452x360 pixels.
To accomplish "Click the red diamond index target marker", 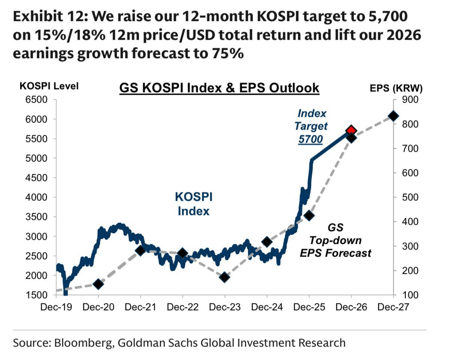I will (351, 130).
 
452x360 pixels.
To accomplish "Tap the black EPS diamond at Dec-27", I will (393, 116).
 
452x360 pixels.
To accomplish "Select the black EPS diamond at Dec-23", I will (225, 277).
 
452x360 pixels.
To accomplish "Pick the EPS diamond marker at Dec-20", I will (98, 284).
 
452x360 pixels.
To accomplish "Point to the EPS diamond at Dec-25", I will (309, 215).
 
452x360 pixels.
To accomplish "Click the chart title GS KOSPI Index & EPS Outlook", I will (219, 88).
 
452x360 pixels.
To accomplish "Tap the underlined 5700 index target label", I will (310, 140).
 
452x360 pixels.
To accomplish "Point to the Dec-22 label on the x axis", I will (183, 307).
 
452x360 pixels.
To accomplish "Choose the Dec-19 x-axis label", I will (56, 307).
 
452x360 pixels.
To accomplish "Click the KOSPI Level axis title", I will (49, 86).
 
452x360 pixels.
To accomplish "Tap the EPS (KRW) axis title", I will (396, 88).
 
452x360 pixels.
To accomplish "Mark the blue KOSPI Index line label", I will (193, 204).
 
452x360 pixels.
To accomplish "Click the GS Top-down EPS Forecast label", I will (335, 240).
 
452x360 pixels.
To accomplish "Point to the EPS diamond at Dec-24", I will (267, 242).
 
